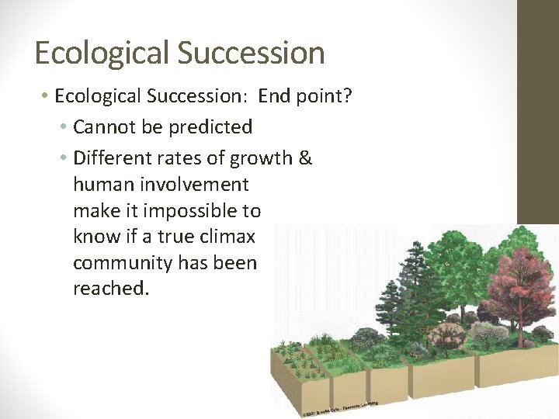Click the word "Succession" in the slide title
click(251, 54)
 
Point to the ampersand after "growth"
click(305, 158)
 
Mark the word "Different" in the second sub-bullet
click(109, 158)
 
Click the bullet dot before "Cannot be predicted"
click(63, 126)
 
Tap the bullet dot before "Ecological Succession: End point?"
click(45, 96)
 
